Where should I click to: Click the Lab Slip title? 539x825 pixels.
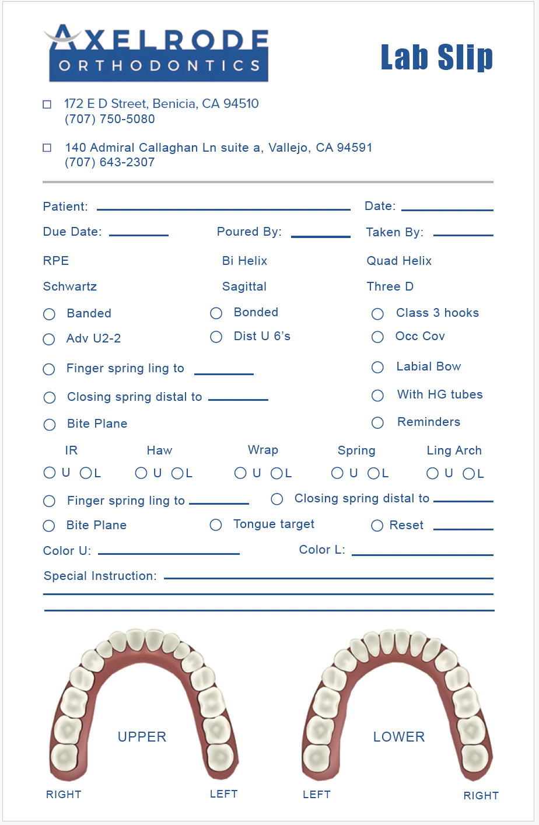(x=436, y=57)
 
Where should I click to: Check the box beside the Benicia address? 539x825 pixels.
(x=47, y=104)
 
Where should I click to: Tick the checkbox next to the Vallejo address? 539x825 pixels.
(x=47, y=148)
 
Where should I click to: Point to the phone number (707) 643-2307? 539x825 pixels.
(x=110, y=162)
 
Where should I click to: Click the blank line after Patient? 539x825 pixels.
(x=223, y=209)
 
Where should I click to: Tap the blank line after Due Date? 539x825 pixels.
(x=139, y=235)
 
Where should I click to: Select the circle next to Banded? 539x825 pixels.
(x=50, y=314)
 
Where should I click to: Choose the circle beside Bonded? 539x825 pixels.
(x=216, y=313)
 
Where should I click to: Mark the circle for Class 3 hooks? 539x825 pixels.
(x=378, y=314)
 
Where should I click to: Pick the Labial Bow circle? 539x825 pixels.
(x=378, y=367)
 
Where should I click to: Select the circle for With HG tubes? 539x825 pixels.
(x=378, y=396)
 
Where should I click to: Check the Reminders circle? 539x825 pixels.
(x=378, y=422)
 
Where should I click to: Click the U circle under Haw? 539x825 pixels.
(x=141, y=473)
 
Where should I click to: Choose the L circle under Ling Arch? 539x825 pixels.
(x=469, y=474)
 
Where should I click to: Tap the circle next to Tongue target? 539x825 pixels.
(x=216, y=525)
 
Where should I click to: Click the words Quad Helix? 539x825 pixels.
(x=399, y=261)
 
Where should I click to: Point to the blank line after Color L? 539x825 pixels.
(x=422, y=554)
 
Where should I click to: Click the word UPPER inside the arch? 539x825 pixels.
(x=142, y=737)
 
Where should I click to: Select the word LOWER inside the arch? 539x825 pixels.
(x=399, y=737)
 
